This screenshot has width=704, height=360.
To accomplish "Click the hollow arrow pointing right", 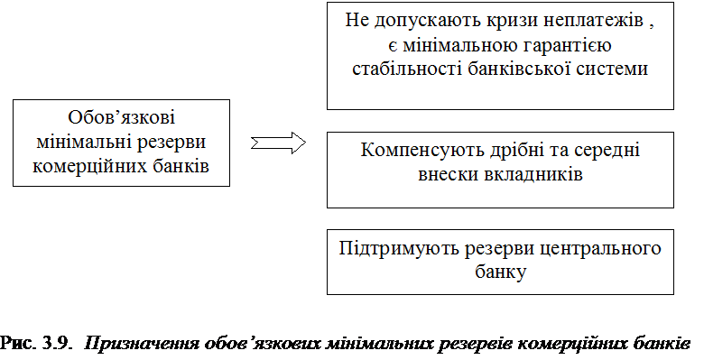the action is [x=278, y=143].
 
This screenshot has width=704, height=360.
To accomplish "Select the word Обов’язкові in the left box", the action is [x=121, y=117].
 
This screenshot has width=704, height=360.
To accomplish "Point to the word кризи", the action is [x=505, y=21].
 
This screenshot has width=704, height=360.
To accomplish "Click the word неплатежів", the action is [x=589, y=20].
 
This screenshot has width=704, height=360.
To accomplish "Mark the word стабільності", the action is [x=407, y=69].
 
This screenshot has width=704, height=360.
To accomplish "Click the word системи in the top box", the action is [x=612, y=69].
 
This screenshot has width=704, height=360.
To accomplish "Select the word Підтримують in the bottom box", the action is [x=399, y=248].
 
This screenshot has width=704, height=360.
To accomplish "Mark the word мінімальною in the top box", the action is [x=454, y=45].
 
